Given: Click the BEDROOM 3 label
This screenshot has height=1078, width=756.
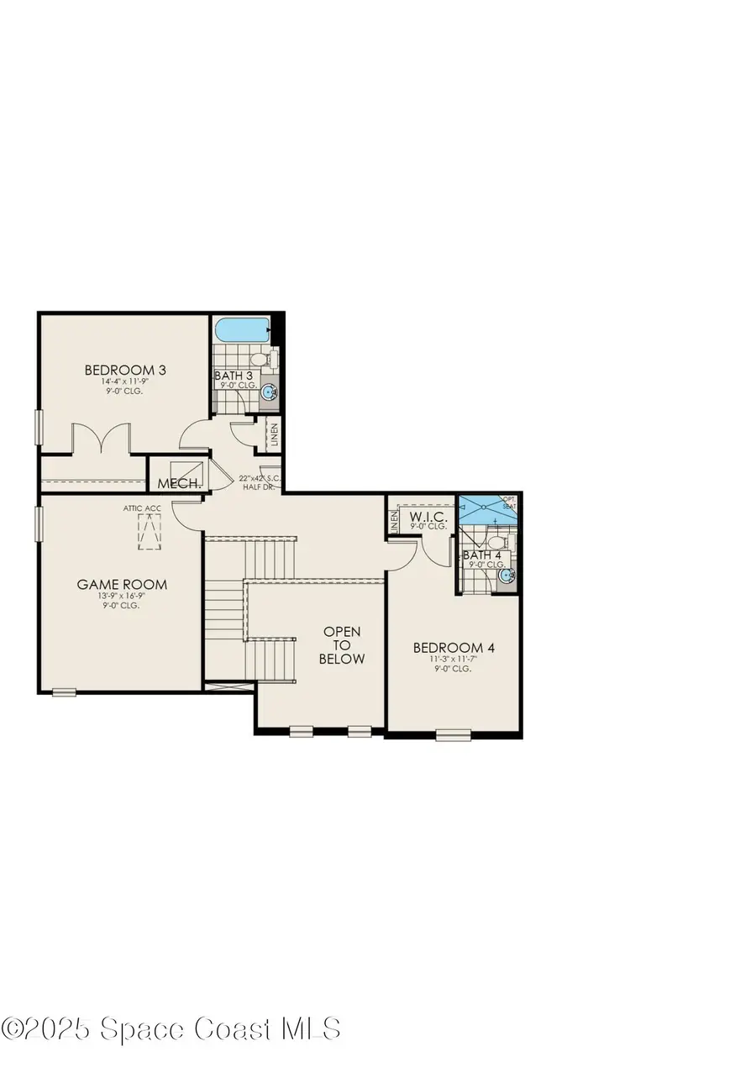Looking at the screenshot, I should coord(120,370).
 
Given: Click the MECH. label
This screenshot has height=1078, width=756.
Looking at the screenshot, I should coord(179,484).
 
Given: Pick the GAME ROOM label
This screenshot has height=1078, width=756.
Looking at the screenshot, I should coord(122,585).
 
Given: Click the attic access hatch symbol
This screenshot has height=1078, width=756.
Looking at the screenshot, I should coord(149,532).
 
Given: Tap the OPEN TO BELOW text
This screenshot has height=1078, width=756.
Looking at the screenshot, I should coord(342,645).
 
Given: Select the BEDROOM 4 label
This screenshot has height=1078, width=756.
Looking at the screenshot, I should coord(448,648).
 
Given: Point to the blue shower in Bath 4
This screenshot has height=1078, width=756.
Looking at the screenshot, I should coord(486,510).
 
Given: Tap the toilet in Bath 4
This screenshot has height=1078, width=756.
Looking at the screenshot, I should coord(496,542).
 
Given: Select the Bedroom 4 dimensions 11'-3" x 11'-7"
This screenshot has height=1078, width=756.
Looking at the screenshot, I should coord(448,660).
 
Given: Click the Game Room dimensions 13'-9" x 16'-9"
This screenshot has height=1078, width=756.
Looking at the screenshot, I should coord(122,597).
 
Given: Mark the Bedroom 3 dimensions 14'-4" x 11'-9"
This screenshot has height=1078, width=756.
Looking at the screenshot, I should coord(120,381).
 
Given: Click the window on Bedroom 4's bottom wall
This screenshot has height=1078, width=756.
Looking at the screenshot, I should coord(454,736).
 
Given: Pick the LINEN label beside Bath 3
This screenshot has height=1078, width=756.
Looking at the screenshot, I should coord(273,436).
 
